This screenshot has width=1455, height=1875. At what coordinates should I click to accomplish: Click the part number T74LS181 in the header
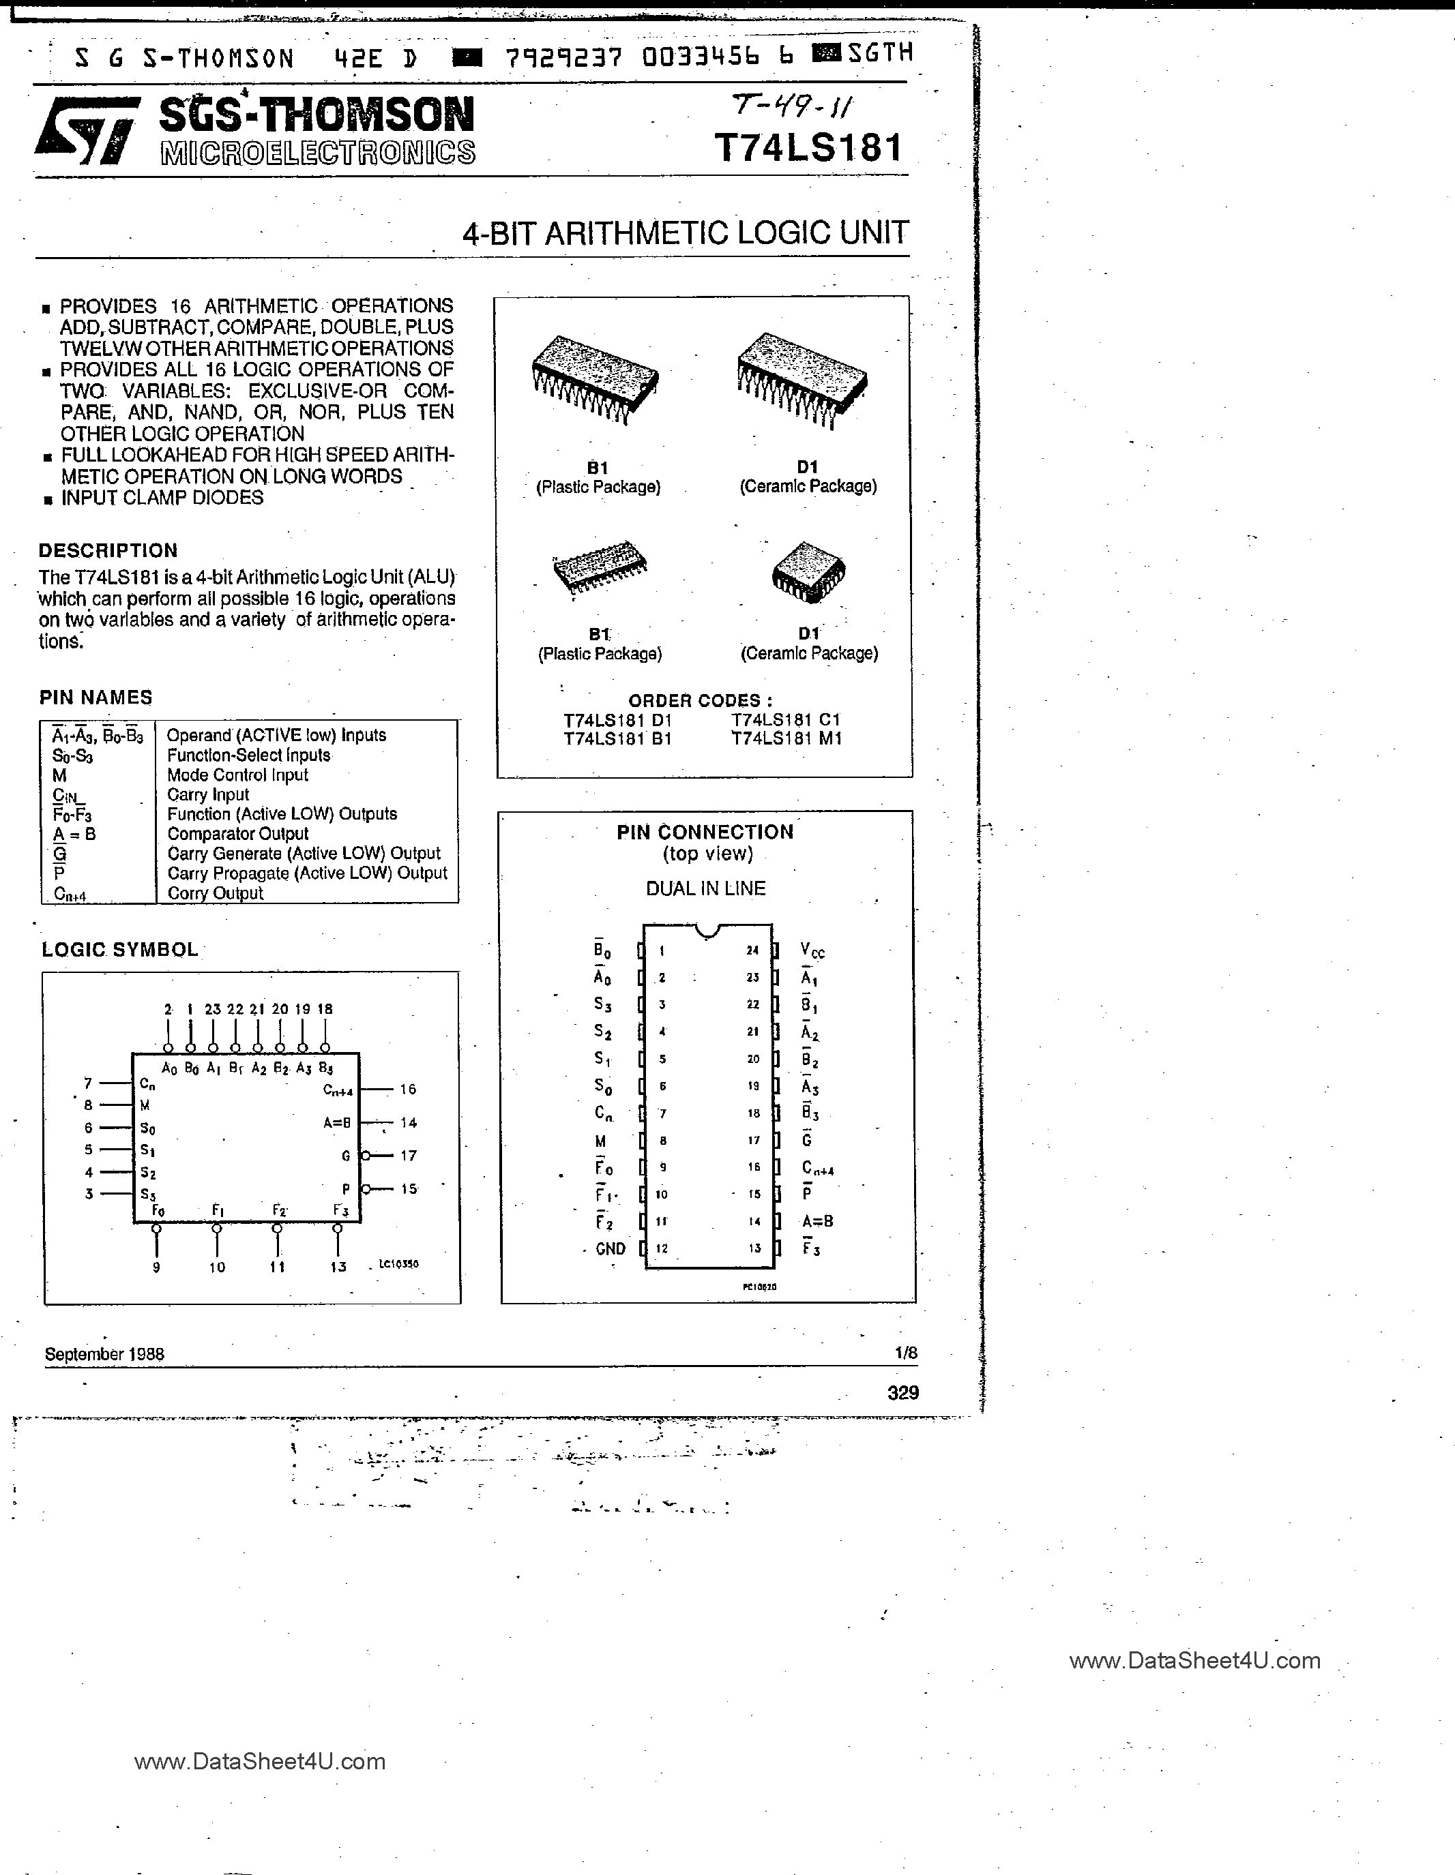click(808, 148)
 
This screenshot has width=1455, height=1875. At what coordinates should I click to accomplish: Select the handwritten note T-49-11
click(792, 106)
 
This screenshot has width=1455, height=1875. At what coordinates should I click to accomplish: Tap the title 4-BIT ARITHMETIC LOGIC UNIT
click(685, 232)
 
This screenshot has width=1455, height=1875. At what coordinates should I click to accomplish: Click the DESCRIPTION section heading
click(108, 550)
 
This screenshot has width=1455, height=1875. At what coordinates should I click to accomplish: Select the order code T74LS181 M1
click(786, 738)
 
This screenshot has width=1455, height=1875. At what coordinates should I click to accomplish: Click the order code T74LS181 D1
click(617, 719)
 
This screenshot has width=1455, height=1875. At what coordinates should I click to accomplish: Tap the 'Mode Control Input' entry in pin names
click(237, 775)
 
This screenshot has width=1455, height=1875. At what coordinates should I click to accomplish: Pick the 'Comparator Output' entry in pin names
click(238, 834)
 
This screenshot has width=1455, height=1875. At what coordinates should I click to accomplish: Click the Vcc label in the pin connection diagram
click(812, 950)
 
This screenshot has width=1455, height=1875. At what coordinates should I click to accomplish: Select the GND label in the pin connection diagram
click(610, 1248)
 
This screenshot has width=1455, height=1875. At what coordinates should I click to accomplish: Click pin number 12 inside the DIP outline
click(662, 1248)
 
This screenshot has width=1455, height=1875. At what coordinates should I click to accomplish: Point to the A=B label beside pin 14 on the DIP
click(817, 1221)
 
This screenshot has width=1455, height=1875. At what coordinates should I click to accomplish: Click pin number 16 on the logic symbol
click(408, 1089)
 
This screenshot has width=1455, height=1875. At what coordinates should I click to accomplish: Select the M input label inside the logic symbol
click(145, 1106)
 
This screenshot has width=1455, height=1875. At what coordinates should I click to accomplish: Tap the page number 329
click(902, 1392)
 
